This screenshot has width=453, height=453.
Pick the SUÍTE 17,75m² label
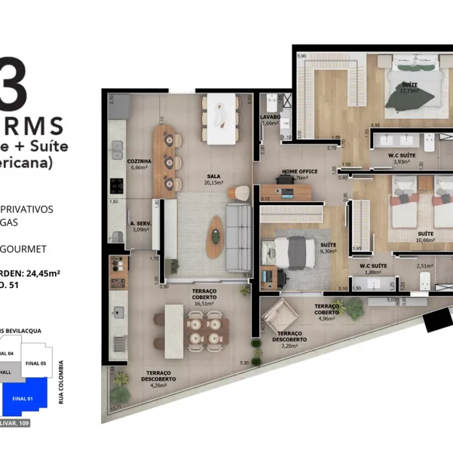[409, 88]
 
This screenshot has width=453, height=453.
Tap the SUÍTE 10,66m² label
[425, 236]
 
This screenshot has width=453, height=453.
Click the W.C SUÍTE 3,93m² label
[402, 158]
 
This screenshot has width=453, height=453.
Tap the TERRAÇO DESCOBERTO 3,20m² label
[289, 342]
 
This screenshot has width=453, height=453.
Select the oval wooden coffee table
[214, 237]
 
